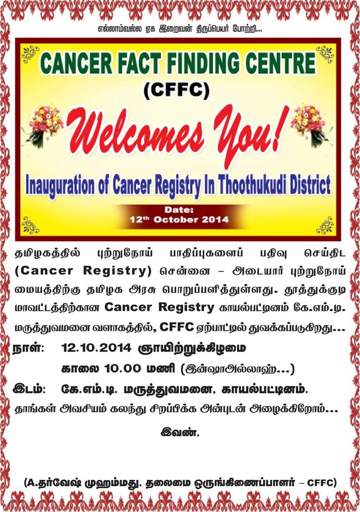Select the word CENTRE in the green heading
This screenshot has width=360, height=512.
coord(281,63)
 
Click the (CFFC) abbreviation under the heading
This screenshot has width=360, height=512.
coord(177,90)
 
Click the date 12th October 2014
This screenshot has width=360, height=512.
coord(179,220)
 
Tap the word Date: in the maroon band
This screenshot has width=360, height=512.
coord(179,210)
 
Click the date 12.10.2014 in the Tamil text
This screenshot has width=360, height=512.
coord(96,348)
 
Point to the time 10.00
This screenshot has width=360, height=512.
coord(123,369)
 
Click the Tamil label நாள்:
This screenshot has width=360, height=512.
coord(28,348)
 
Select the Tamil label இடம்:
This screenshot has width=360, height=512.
coord(29,389)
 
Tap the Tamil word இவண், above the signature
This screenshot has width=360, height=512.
coord(179,433)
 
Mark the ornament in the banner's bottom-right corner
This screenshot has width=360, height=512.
coord(325,225)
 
